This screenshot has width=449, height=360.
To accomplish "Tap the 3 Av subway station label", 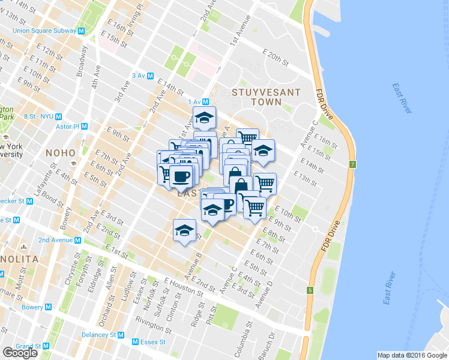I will tap(139, 76).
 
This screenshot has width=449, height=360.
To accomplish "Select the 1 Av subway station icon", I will tap(205, 102).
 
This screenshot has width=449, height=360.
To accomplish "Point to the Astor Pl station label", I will tap(67, 127).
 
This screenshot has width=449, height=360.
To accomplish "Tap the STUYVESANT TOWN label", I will tap(257, 97).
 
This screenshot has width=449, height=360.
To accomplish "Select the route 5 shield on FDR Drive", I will tap(310, 291).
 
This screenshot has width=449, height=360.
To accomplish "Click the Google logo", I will tap(20, 353).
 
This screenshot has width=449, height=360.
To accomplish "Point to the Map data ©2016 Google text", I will tap(412, 355).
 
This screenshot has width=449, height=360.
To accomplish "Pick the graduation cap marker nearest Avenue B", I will tap(185, 230).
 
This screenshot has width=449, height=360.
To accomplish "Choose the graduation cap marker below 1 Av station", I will tap(204, 118).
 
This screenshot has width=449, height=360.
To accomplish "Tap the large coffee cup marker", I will tap(181, 176).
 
